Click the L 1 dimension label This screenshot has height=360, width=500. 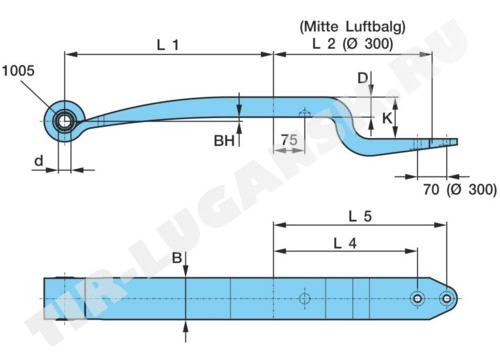(168, 45)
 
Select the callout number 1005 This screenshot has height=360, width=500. (18, 70)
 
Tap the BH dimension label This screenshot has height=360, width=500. (224, 141)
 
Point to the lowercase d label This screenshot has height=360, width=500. (39, 161)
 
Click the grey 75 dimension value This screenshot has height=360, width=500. (289, 140)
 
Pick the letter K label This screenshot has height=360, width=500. (387, 118)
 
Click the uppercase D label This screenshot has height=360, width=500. (362, 78)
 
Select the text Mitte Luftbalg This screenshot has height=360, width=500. (352, 27)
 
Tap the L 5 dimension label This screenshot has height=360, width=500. (360, 216)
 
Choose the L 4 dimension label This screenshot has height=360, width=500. (345, 244)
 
